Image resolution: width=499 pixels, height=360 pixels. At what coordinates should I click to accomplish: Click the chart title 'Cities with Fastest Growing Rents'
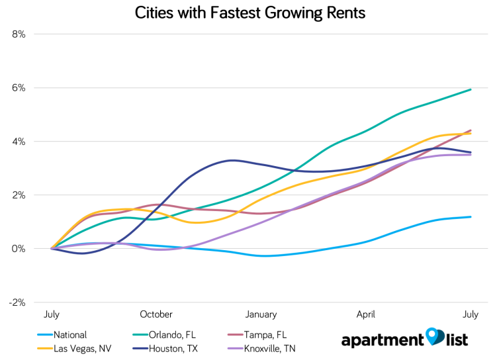pyautogui.click(x=250, y=13)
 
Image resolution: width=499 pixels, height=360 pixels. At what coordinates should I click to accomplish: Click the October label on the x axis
pyautogui.click(x=156, y=314)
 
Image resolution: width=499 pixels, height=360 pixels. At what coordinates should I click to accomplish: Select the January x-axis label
pyautogui.click(x=261, y=314)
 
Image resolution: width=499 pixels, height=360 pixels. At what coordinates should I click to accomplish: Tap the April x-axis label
pyautogui.click(x=366, y=314)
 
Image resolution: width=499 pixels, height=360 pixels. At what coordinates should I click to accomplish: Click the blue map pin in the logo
pyautogui.click(x=433, y=337)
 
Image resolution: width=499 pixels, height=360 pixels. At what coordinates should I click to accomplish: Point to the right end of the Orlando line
pyautogui.click(x=471, y=89)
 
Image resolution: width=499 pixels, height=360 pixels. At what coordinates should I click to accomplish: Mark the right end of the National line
pyautogui.click(x=471, y=216)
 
